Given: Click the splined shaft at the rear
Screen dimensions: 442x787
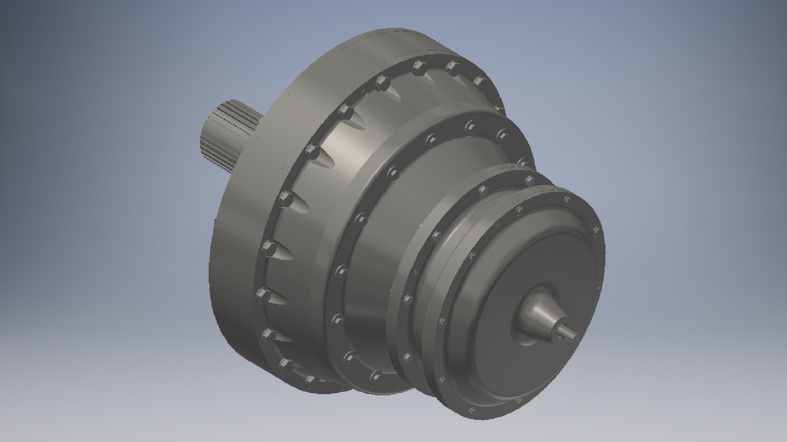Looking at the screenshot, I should tap(227, 135).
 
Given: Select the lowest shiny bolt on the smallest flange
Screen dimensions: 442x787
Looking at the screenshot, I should tap(407, 359).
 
